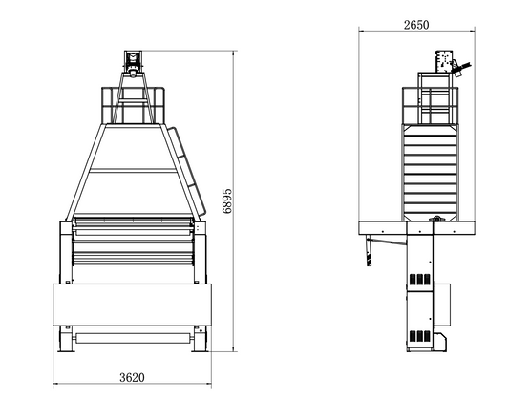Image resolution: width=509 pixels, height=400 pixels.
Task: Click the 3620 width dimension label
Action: [132, 378]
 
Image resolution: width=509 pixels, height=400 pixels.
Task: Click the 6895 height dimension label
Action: [227, 200]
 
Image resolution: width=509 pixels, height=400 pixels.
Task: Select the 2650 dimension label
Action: [416, 25]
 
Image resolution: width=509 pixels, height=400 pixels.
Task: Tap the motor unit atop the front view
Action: [133, 64]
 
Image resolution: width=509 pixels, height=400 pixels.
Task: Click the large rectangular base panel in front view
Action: [132, 305]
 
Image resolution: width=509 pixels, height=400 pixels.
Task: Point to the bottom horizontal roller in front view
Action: [134, 338]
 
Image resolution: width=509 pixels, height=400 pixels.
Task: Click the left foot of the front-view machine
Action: [67, 339]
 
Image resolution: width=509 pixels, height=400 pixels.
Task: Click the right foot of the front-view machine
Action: [199, 339]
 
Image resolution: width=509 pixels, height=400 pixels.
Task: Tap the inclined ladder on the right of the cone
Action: [187, 171]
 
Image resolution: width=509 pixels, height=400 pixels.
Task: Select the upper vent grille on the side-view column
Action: [420, 280]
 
